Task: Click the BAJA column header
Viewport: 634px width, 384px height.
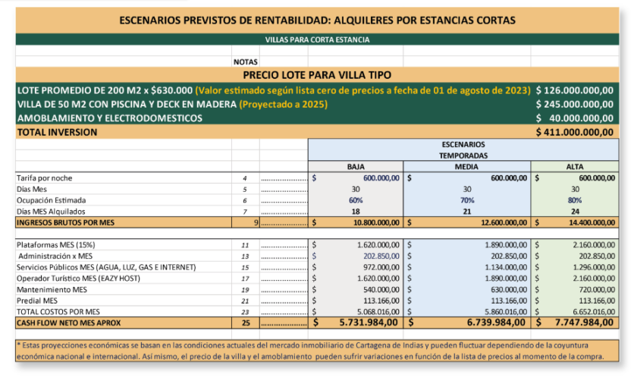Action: pyautogui.click(x=356, y=166)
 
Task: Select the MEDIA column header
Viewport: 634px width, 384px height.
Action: pyautogui.click(x=466, y=166)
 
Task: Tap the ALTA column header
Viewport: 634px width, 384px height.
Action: pyautogui.click(x=575, y=166)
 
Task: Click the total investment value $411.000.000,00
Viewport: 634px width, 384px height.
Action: pyautogui.click(x=574, y=132)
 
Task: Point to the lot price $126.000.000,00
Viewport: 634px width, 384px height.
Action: pyautogui.click(x=574, y=90)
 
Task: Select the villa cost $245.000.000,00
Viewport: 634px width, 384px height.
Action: pyautogui.click(x=574, y=104)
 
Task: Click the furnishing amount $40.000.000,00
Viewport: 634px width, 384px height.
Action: pyautogui.click(x=574, y=118)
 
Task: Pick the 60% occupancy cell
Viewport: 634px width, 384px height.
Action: pyautogui.click(x=356, y=200)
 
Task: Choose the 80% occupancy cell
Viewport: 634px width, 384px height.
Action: pyautogui.click(x=575, y=200)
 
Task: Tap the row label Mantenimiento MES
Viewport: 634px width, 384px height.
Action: pyautogui.click(x=52, y=290)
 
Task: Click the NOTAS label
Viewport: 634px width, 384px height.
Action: pyautogui.click(x=246, y=61)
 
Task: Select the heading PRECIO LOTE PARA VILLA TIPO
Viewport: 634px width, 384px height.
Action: pyautogui.click(x=317, y=75)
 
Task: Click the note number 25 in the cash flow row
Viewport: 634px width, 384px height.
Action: pyautogui.click(x=245, y=323)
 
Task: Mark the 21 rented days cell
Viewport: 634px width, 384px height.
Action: pyautogui.click(x=466, y=212)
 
